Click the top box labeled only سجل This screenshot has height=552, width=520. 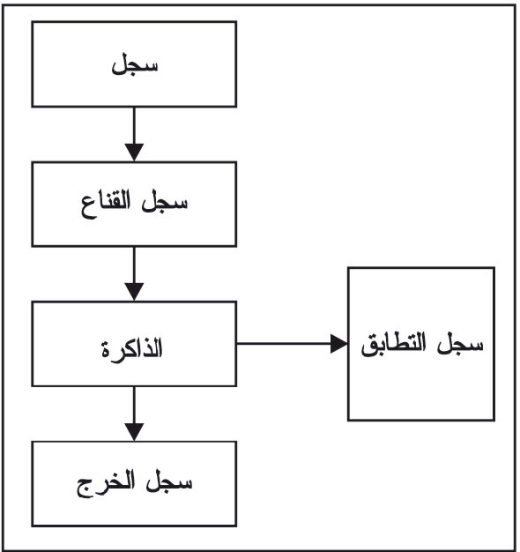134,64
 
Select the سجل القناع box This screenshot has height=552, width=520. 134,205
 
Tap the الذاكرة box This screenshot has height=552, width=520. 134,344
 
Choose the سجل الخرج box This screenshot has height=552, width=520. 134,484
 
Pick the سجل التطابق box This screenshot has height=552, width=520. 421,344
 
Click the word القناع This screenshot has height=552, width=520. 106,205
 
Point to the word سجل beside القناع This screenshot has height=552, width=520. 165,203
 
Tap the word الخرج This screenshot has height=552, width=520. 106,483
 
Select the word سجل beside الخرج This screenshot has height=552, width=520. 169,481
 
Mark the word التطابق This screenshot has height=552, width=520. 394,344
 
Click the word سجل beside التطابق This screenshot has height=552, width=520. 461,342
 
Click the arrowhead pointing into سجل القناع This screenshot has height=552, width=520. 134,153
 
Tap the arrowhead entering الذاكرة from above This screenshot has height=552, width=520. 134,292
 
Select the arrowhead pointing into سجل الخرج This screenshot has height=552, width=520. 134,432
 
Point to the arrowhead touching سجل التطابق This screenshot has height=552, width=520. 339,344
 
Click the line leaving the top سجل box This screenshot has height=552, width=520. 134,125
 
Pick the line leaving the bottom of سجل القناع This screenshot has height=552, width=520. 134,265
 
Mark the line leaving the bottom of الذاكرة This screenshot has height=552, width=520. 134,405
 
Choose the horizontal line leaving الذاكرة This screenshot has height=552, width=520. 284,344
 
